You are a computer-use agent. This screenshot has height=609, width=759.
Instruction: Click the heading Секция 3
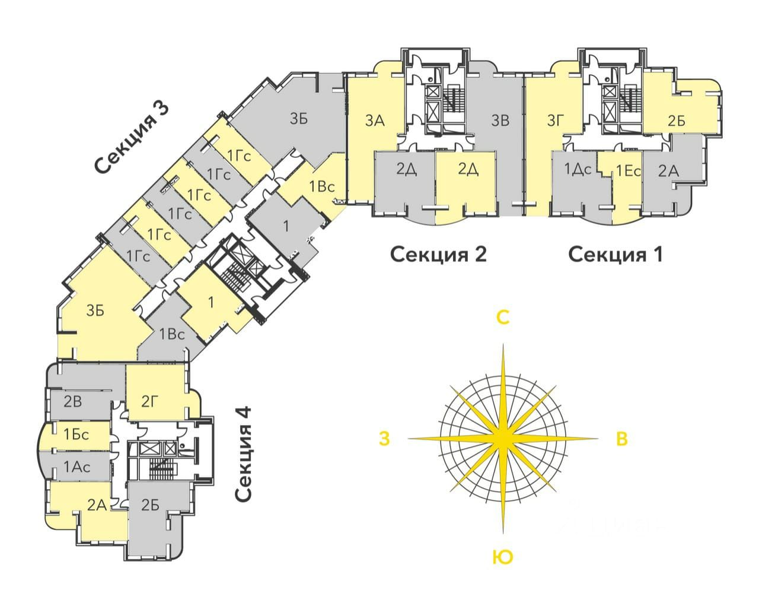[x=132, y=138]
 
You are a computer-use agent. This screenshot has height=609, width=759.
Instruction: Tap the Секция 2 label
[x=438, y=255]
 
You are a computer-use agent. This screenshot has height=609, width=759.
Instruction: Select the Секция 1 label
[x=616, y=255]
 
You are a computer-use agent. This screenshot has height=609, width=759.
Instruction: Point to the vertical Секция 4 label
[x=243, y=453]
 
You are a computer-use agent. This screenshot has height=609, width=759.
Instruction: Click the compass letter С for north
[x=503, y=318]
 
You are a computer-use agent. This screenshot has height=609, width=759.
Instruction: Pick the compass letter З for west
[x=384, y=439]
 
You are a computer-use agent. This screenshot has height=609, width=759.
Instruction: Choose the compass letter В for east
[x=622, y=439]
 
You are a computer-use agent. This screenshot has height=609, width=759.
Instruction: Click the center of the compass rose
[x=503, y=439]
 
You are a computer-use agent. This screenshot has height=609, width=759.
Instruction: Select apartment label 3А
[x=375, y=121]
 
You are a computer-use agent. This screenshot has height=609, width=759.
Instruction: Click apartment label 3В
[x=500, y=121]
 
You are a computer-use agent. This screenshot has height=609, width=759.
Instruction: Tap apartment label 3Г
[x=555, y=121]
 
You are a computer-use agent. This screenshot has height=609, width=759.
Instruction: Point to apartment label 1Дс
[x=578, y=170]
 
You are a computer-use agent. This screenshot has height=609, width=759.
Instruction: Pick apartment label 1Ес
[x=628, y=171]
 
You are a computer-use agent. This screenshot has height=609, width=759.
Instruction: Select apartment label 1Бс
[x=76, y=434]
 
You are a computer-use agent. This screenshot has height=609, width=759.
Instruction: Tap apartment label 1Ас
[x=77, y=467]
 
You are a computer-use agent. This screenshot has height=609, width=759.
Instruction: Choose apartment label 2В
[x=73, y=402]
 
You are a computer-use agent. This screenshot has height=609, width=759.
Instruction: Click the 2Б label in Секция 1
[x=676, y=121]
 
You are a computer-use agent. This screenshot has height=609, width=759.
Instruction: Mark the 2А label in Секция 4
[x=97, y=505]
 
